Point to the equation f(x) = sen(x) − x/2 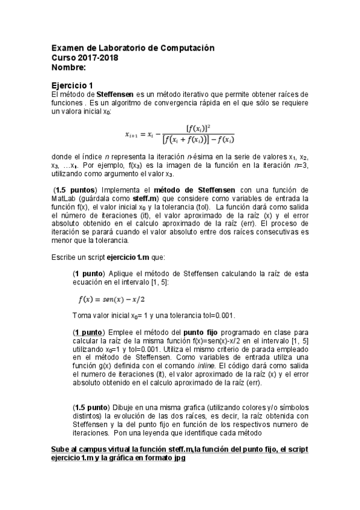(x=112, y=299)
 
